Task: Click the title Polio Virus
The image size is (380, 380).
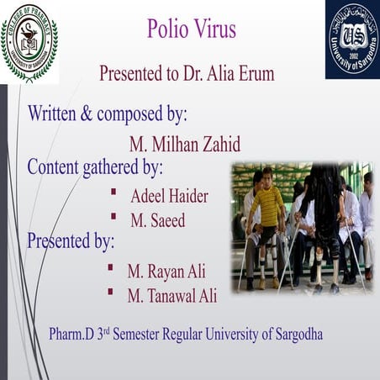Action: point(191,31)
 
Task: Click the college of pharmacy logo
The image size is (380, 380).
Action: point(29,42)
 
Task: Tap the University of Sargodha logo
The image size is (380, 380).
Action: point(351,40)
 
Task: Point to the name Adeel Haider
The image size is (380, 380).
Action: point(169,196)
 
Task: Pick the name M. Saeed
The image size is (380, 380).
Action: point(157,220)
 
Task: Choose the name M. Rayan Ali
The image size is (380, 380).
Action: point(166,272)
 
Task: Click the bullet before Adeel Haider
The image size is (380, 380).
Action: point(113,193)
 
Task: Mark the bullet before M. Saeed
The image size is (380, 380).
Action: point(113,217)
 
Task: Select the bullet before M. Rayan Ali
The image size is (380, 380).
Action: point(109,268)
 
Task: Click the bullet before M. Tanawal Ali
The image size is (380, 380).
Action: point(109,292)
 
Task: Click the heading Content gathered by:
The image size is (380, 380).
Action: point(95,166)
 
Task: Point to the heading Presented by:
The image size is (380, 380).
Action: point(71,241)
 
